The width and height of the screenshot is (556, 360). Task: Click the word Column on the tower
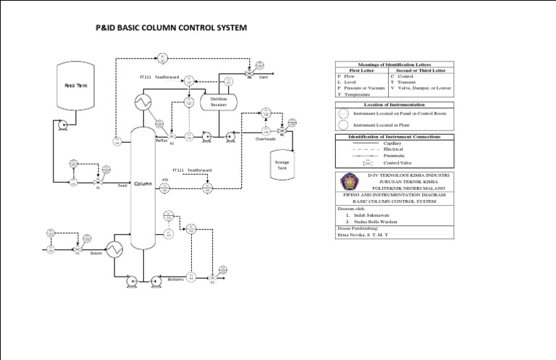tap(143, 184)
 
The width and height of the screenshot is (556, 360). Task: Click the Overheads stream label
tap(266, 139)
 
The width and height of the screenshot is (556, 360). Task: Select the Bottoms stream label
tap(175, 279)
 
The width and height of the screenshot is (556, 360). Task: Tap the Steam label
tap(96, 254)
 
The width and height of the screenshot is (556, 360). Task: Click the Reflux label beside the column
tap(161, 141)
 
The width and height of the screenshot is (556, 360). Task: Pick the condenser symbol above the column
tap(141, 101)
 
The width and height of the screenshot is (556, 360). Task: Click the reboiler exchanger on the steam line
tap(115, 249)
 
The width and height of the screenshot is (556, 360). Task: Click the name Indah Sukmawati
tap(367, 215)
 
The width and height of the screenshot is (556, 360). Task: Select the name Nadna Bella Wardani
tap(371, 222)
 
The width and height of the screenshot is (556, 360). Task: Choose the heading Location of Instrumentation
tap(394, 105)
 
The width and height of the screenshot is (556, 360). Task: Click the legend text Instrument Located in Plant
tap(397, 125)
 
